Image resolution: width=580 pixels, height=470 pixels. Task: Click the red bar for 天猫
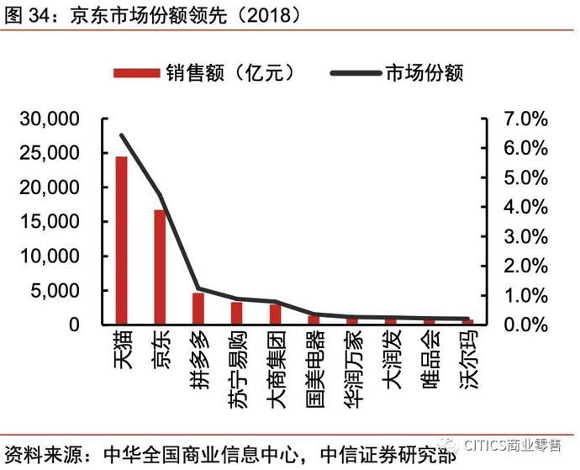tap(121, 240)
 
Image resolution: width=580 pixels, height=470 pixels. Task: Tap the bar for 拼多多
tap(198, 309)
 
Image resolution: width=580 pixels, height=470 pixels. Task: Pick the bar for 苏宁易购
tap(237, 313)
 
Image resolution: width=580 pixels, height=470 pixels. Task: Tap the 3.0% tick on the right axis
tap(526, 237)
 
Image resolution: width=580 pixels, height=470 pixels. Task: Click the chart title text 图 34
tap(25, 14)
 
